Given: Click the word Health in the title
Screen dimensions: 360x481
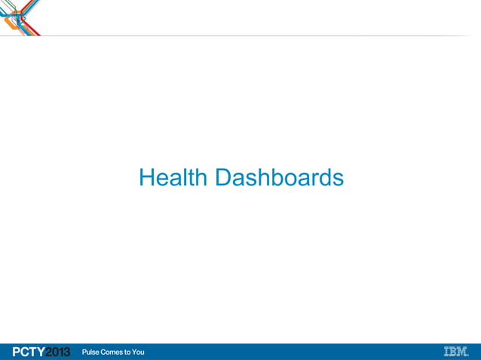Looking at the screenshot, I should click(173, 178).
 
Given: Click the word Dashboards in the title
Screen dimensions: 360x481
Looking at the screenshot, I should click(279, 178).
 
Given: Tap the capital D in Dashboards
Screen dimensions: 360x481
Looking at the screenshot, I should click(224, 178).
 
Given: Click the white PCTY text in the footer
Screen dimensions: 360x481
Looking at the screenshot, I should click(29, 352).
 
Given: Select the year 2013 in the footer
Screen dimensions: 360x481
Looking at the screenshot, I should click(58, 352).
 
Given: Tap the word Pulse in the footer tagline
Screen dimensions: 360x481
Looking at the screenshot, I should click(90, 352).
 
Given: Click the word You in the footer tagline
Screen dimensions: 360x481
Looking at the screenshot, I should click(138, 352).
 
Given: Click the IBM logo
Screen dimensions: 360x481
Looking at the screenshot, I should click(455, 352).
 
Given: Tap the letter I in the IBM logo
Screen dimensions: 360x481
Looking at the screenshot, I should click(446, 352).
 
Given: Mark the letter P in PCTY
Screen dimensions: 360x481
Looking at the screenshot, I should click(17, 352).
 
